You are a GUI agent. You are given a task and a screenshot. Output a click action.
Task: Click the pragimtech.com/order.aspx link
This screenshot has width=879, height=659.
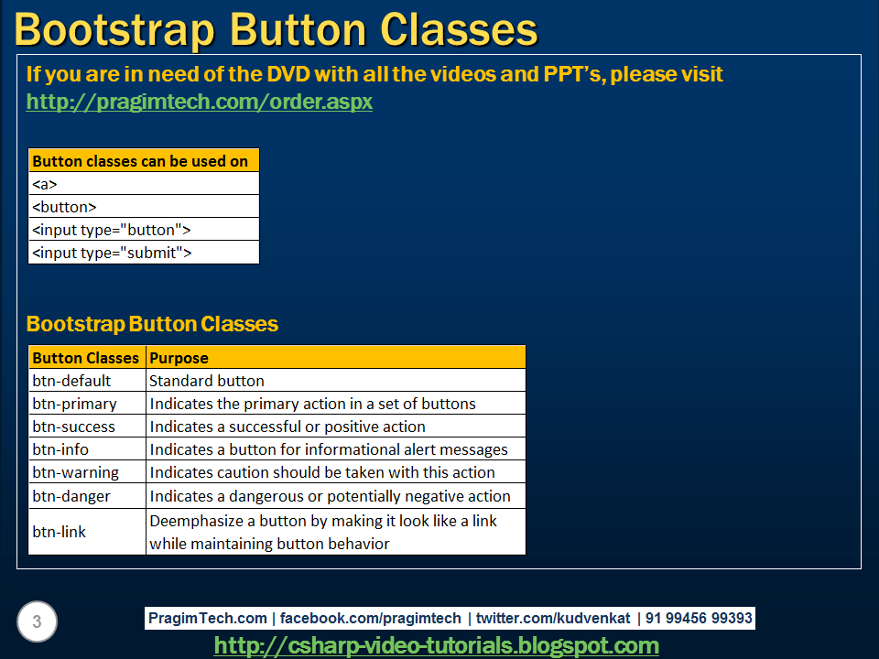tap(199, 102)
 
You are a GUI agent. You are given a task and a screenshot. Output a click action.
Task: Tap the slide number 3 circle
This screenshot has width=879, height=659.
tap(37, 622)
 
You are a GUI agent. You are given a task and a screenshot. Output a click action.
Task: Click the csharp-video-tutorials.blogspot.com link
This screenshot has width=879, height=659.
tap(436, 645)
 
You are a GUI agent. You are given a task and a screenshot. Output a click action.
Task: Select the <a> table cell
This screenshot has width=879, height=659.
tap(144, 184)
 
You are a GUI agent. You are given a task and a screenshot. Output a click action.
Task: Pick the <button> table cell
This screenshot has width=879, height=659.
tap(144, 207)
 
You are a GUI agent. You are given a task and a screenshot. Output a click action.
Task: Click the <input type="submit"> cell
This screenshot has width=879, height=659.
tap(144, 253)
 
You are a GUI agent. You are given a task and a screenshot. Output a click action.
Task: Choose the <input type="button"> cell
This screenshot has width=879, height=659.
tap(144, 230)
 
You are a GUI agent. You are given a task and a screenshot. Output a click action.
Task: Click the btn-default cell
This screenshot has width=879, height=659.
tap(87, 381)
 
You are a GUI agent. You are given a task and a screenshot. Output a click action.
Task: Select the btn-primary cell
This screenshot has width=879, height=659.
tap(87, 404)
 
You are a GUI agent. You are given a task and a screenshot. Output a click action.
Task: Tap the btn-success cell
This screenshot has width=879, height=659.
tap(87, 427)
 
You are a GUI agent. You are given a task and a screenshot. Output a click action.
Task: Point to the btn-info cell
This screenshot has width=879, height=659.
tap(87, 449)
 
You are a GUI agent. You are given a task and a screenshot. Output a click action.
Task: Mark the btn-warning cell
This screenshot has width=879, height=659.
tap(87, 472)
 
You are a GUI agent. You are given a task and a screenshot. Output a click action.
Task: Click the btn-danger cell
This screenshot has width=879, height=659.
tap(87, 496)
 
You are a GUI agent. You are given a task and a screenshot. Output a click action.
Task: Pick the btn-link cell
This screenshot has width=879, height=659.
tap(87, 532)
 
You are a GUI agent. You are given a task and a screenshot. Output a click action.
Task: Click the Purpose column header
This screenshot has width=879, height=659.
tap(335, 358)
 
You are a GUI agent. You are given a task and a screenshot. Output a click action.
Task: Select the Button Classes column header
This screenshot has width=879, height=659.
tap(86, 358)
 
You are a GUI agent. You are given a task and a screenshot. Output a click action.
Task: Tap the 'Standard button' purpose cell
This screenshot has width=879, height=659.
tap(335, 381)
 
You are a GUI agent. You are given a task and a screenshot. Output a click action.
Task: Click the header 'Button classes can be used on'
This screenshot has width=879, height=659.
tap(144, 161)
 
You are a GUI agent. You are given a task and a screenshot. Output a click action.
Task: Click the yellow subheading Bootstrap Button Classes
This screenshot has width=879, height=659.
tap(152, 324)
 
